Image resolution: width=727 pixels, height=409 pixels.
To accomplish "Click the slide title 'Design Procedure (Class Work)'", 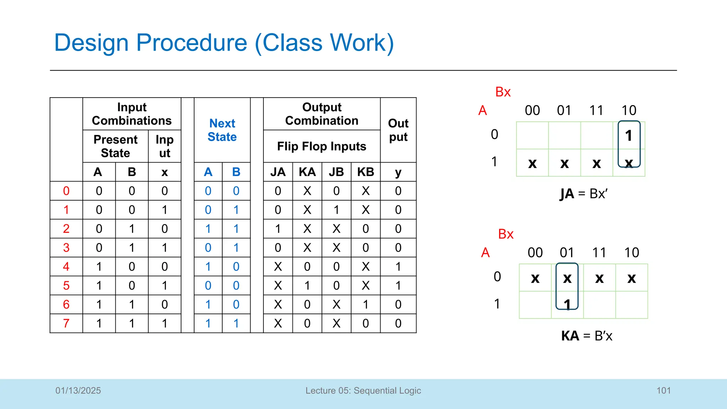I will (224, 43).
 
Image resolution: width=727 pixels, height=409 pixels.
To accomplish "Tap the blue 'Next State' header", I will (222, 130).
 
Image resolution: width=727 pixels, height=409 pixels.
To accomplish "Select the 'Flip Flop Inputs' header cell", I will (321, 146).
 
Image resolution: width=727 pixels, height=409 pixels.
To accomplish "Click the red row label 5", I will (66, 285).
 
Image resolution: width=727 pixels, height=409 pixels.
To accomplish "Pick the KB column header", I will (365, 172).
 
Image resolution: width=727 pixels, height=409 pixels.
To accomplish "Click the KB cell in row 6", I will (365, 304).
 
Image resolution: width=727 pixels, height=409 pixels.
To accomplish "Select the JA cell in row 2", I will (278, 229).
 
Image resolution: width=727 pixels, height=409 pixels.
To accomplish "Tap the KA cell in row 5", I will (307, 285).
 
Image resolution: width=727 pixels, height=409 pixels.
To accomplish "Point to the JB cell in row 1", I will (336, 210).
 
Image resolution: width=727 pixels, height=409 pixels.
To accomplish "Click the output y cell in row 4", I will (398, 267).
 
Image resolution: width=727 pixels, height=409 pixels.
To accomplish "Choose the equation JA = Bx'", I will (584, 194).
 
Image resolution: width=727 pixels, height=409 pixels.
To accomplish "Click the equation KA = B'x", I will (586, 336).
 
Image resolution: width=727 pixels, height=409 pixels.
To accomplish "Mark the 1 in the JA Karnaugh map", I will (629, 136).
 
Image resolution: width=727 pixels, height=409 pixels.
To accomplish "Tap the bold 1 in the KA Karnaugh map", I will (567, 304).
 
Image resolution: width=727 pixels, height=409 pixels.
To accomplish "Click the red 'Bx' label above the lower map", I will (505, 234).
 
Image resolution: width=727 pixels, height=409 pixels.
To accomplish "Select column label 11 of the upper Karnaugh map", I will (596, 110).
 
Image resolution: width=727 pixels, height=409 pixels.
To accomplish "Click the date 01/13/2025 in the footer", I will (78, 391).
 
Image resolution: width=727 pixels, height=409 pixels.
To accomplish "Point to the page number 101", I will (663, 391).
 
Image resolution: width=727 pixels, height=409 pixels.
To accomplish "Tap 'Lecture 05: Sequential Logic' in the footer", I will (363, 391).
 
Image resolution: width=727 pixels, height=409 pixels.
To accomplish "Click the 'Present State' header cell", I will (115, 146).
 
